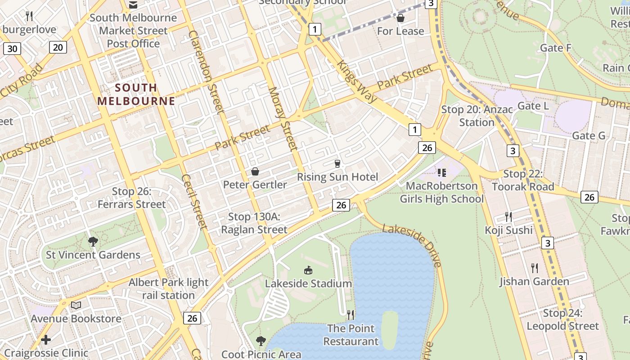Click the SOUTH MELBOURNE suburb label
click(136, 94)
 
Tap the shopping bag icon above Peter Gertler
click(255, 171)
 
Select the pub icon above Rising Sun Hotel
click(337, 164)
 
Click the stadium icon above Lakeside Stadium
click(308, 270)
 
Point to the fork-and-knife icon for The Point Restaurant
click(351, 315)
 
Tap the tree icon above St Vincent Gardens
click(93, 242)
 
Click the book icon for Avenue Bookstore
click(76, 306)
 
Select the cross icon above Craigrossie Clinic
click(45, 339)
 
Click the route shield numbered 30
click(12, 49)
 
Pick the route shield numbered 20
click(58, 47)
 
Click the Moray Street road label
click(283, 118)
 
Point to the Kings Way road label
click(355, 81)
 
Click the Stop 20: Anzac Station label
click(477, 116)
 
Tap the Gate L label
click(533, 106)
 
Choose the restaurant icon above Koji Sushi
click(508, 217)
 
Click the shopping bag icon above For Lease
click(400, 18)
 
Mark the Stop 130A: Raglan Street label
click(254, 223)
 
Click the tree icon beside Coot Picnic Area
click(261, 341)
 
